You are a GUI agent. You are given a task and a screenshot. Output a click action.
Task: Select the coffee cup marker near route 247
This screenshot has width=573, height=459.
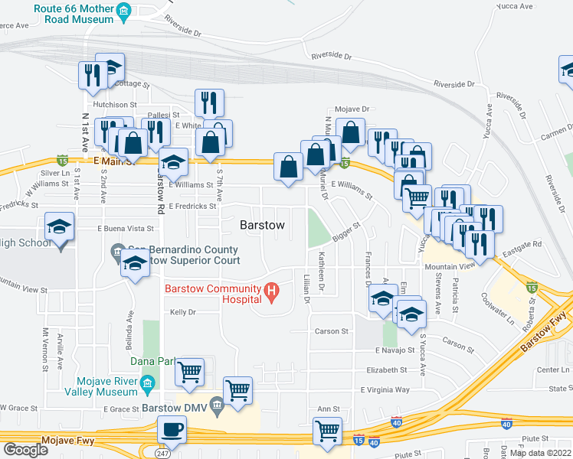172,430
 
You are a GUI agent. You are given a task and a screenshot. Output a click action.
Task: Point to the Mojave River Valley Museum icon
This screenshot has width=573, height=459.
146,382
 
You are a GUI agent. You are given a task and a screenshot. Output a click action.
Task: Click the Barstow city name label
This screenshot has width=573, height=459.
263,226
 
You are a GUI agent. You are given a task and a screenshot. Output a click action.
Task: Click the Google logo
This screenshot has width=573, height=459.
25,450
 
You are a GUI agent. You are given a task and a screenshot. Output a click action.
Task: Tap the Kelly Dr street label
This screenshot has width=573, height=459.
183,312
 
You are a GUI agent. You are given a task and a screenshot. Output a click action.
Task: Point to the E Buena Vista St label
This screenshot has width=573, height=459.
126,229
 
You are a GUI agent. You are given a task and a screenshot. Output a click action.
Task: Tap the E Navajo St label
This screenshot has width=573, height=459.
395,350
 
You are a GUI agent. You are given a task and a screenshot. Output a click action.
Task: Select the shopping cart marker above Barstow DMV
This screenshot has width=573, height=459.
237,391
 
